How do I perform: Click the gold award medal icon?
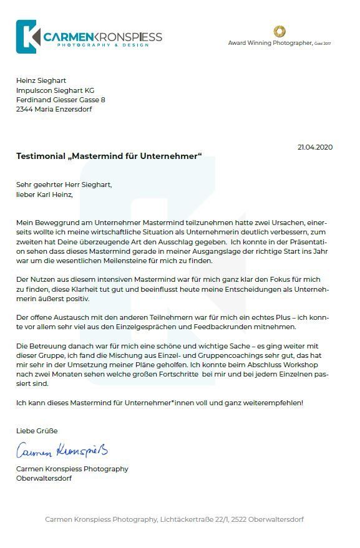[280, 31]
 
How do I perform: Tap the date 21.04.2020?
[315, 147]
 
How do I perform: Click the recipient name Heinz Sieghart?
[41, 80]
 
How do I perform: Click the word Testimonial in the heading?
[41, 156]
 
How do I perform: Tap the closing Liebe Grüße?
[37, 431]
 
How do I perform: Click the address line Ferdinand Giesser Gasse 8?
[61, 100]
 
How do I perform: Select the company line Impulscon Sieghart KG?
[56, 90]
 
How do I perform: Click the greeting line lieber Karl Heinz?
[44, 195]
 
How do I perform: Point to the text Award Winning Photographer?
[270, 43]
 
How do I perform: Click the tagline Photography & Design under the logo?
[104, 46]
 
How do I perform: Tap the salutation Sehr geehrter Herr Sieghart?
[64, 185]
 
